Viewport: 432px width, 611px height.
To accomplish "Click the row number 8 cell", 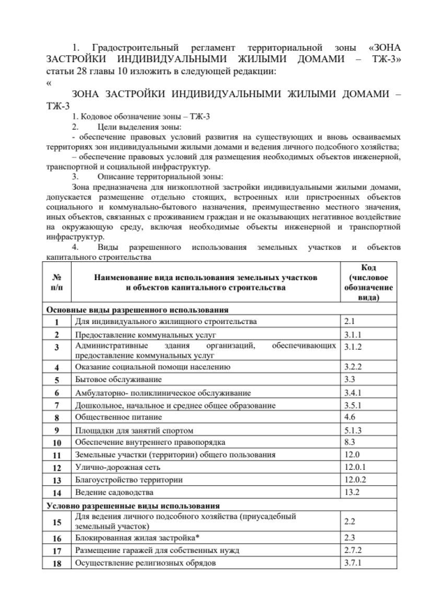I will tap(57, 417).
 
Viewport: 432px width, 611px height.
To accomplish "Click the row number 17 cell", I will tap(57, 550).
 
